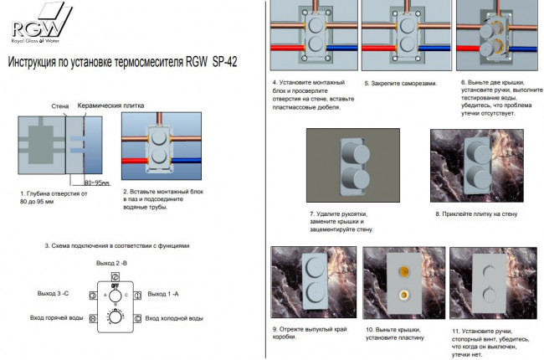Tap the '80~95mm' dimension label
(97, 182)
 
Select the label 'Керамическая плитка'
(111, 107)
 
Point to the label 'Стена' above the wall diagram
(59, 107)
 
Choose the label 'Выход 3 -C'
(54, 294)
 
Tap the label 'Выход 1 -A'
(164, 294)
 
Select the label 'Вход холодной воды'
(173, 319)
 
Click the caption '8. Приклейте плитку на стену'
(475, 214)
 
